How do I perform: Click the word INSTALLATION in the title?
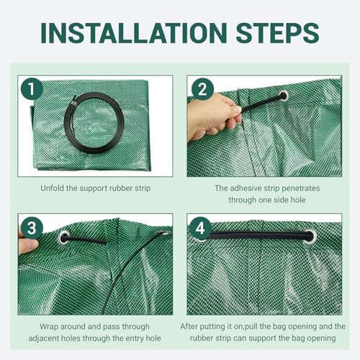(134, 33)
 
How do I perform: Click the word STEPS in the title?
(277, 33)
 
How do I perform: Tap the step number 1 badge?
(32, 89)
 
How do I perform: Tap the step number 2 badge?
(202, 89)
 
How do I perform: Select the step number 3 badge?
(32, 228)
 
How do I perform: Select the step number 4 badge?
(200, 228)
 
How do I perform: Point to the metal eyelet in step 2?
(284, 96)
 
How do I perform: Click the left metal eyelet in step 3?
(63, 237)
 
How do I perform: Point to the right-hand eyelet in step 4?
(310, 236)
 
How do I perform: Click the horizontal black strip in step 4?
(259, 235)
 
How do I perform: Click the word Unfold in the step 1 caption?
(52, 188)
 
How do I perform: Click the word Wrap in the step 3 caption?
(49, 327)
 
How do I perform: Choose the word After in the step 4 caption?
(189, 326)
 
